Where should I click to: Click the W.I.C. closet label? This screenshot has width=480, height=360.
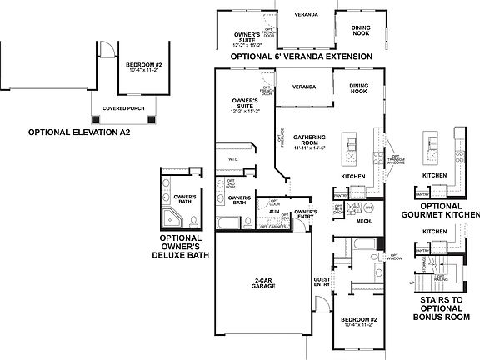click(233, 159)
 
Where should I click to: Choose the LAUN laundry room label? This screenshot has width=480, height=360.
click(272, 212)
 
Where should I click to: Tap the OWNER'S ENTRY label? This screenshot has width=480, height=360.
click(306, 214)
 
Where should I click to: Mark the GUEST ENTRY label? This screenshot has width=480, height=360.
click(322, 282)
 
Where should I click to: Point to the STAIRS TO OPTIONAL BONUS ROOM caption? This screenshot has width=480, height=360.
click(442, 310)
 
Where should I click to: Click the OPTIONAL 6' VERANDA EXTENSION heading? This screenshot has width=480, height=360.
click(300, 57)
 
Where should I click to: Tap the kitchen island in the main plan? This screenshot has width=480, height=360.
click(351, 149)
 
